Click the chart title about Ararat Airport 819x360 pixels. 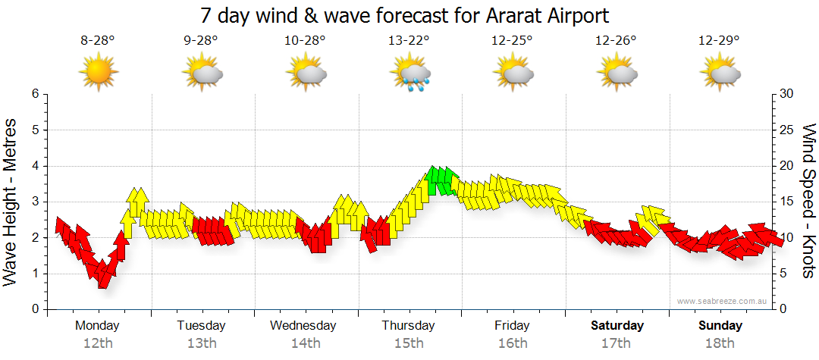405,15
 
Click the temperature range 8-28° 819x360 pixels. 98,41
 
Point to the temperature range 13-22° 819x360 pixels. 409,41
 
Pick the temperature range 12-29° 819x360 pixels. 719,41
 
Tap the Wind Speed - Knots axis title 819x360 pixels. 808,201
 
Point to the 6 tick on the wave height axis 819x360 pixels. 35,94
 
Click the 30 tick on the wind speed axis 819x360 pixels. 787,94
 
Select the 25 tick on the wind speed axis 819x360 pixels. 787,130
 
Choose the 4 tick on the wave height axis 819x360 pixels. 35,166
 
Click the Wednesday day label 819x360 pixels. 303,326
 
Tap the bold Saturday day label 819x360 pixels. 617,326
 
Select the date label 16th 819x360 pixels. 513,343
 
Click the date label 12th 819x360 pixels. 98,343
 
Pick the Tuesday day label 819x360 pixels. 201,326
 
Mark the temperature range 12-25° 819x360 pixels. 513,41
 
